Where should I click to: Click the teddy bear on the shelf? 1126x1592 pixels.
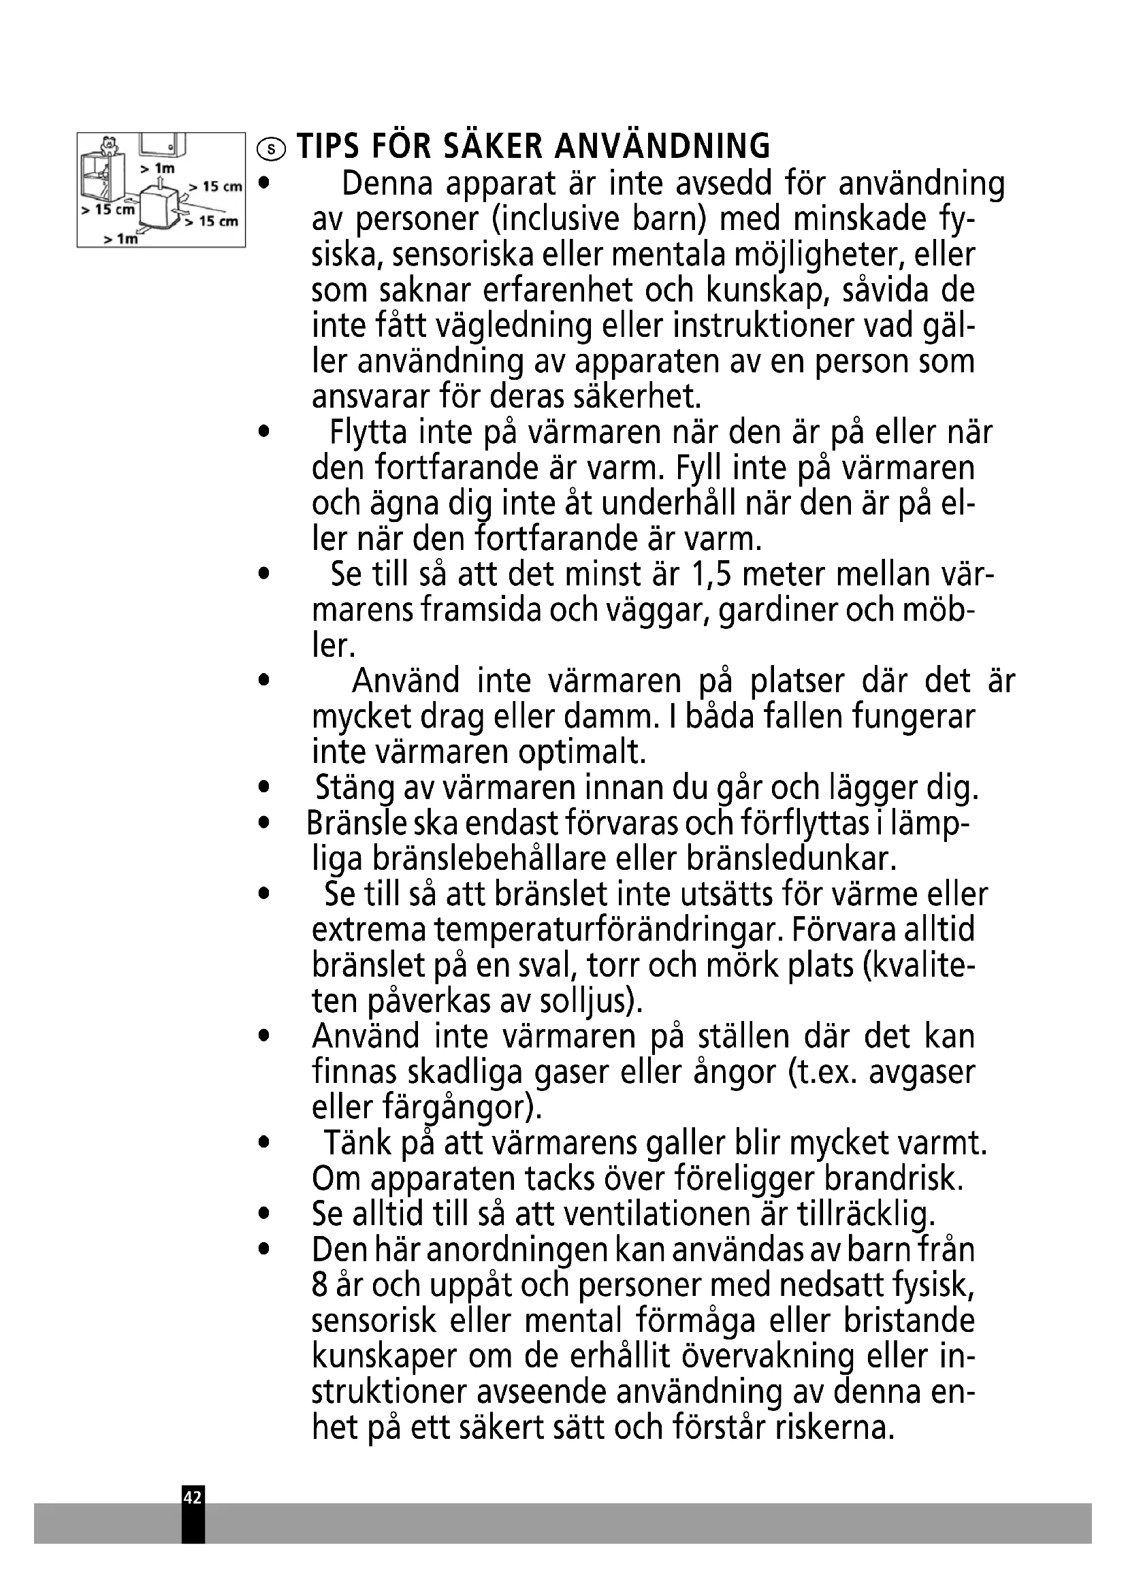click(108, 146)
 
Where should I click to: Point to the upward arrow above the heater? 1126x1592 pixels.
click(160, 182)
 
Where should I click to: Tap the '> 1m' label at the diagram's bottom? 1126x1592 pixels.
click(121, 239)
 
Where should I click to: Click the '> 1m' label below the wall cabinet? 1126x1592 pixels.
click(157, 169)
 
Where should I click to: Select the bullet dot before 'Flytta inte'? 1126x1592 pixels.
click(262, 432)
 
